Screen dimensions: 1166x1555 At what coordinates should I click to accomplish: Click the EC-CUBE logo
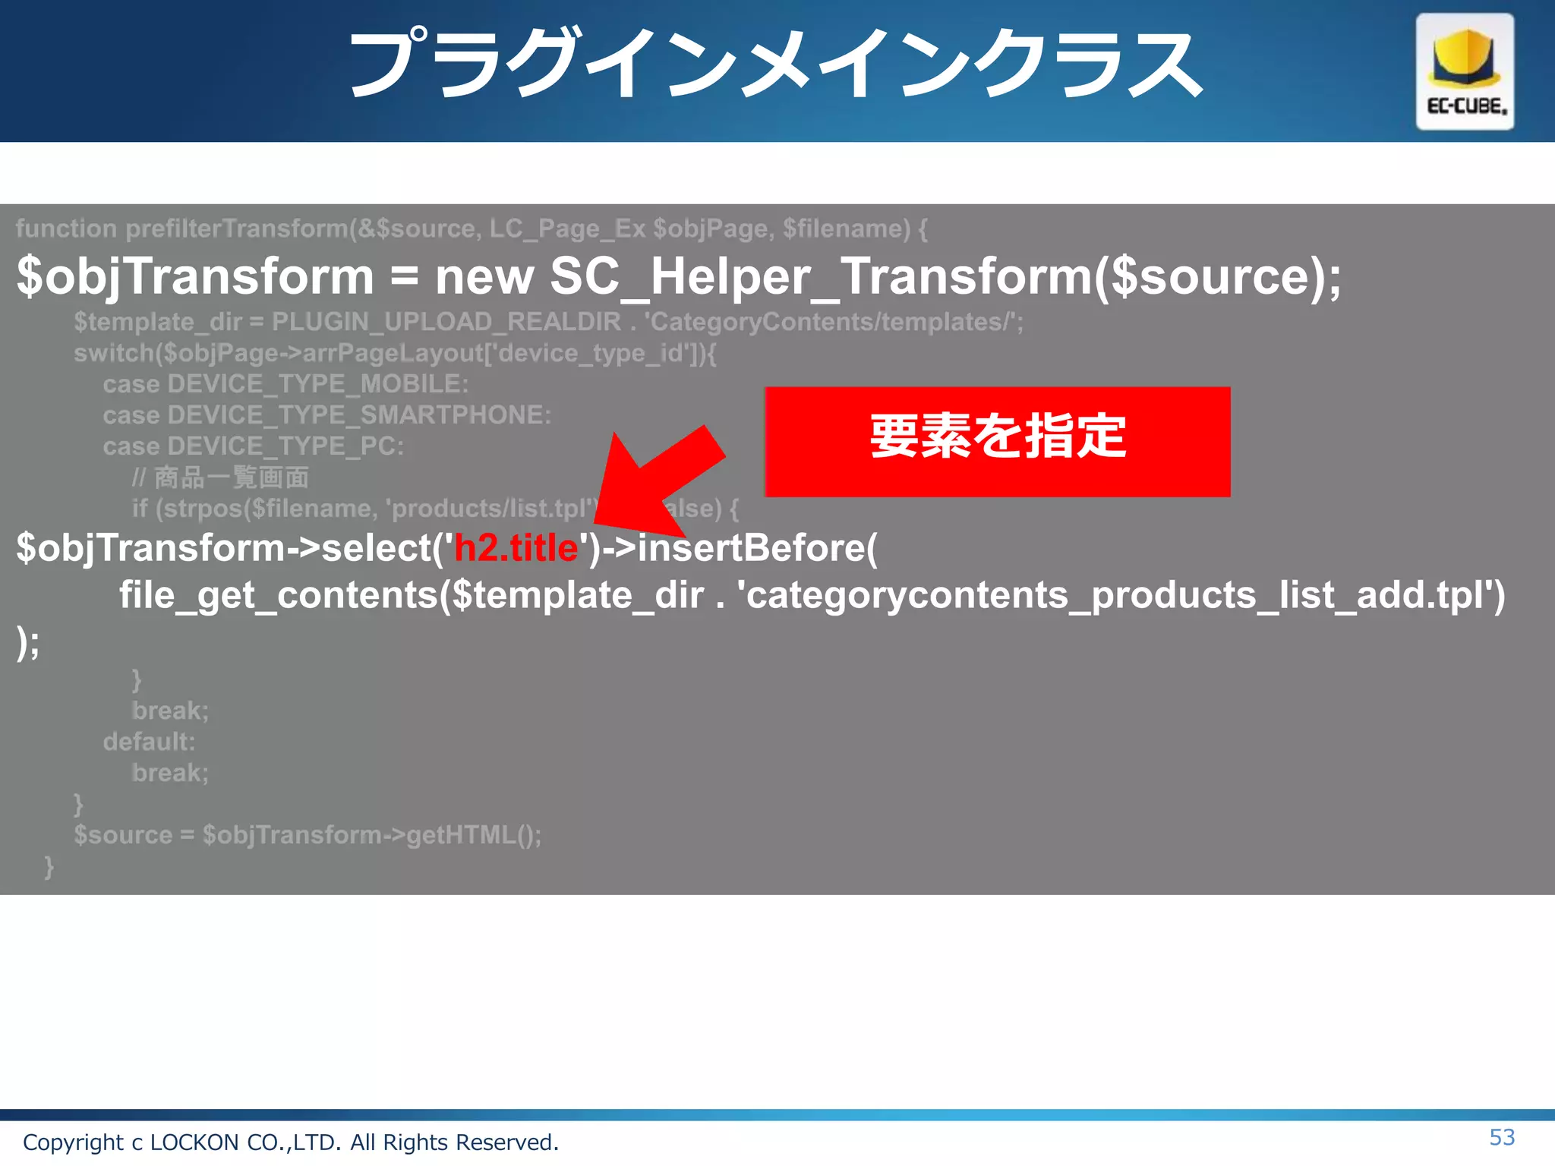tap(1464, 71)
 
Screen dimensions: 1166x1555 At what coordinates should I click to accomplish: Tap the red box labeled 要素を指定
tap(997, 441)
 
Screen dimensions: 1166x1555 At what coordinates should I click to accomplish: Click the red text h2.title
tap(516, 548)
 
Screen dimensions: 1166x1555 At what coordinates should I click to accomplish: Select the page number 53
tap(1502, 1137)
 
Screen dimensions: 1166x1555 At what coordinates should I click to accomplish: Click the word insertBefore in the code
tap(752, 548)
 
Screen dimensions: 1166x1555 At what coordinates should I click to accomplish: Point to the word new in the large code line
tap(484, 276)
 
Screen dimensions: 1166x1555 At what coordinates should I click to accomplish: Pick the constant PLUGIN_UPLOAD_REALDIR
tap(446, 322)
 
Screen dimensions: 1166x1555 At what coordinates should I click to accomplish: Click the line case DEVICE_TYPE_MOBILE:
tap(285, 384)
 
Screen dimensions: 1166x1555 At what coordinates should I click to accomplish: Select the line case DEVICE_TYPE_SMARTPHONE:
tap(326, 415)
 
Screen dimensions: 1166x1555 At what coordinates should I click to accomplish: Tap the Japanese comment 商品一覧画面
tap(232, 477)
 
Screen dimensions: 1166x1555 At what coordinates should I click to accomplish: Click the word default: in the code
tap(149, 742)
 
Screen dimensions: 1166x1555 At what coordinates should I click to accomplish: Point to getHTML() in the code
tap(472, 835)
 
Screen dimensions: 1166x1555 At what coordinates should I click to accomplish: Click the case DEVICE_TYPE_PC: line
tap(253, 446)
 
